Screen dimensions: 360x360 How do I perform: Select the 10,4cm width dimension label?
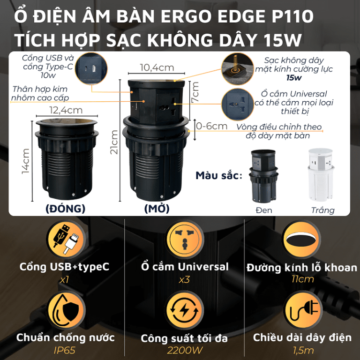click(x=157, y=67)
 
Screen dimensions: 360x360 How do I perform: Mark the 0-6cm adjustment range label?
click(x=212, y=126)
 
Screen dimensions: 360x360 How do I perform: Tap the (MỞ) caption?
click(x=157, y=208)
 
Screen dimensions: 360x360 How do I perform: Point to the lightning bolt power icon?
click(x=185, y=310)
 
